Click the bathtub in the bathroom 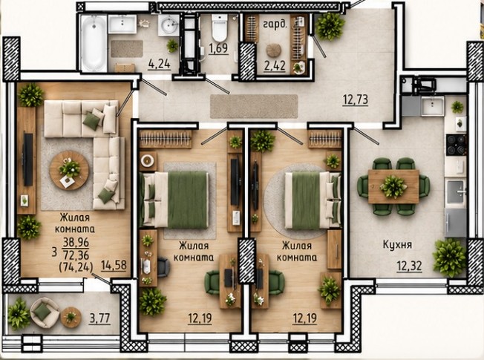94,42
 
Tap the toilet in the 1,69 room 220,27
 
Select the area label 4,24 160,65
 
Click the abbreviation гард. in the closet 275,24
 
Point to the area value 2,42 275,66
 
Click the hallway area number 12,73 356,99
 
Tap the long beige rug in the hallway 254,106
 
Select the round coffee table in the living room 69,171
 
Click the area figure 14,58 114,265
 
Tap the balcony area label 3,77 100,318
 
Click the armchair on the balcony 45,312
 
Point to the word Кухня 398,245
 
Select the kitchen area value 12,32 409,266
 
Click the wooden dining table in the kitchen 393,186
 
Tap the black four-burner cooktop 456,145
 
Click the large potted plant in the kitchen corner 449,258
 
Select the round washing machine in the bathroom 169,25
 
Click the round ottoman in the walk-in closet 274,50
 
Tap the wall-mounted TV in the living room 28,160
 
